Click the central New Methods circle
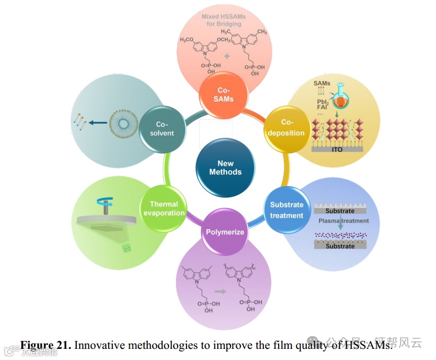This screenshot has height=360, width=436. click(225, 168)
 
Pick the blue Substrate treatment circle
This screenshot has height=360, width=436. click(287, 210)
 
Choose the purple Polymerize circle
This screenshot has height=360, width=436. click(225, 232)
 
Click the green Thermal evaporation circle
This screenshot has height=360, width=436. click(164, 208)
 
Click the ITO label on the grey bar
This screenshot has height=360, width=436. click(337, 150)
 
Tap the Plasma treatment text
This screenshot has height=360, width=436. click(343, 221)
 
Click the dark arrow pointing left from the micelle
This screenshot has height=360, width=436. click(96, 123)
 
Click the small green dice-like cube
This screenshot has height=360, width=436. click(127, 248)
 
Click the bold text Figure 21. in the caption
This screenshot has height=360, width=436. click(46, 345)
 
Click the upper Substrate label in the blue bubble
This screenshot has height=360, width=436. click(340, 210)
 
